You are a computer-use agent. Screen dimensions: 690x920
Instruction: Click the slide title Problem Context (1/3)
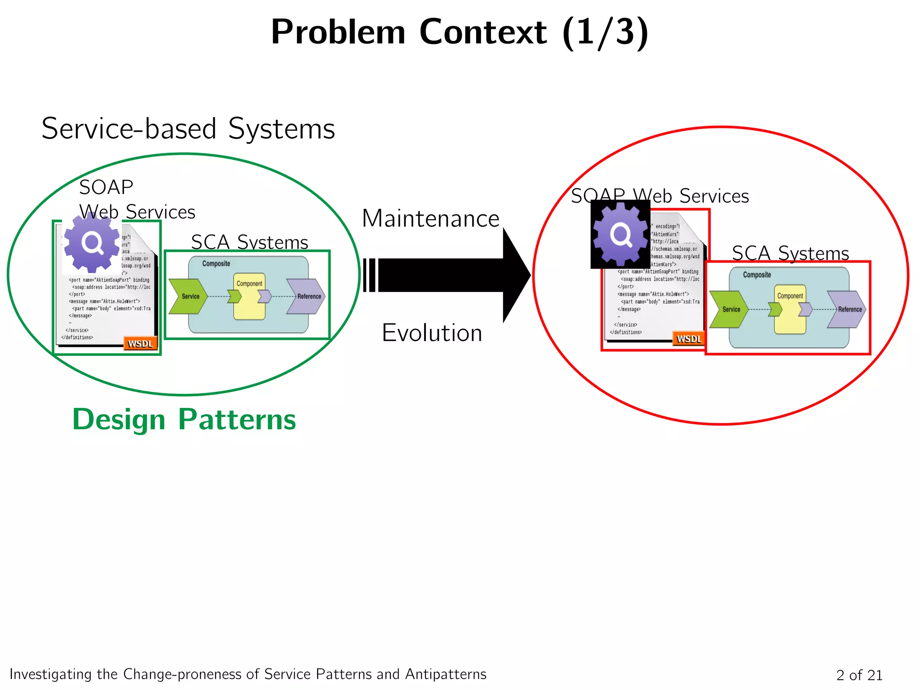pos(459,32)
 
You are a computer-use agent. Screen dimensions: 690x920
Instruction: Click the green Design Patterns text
pos(184,419)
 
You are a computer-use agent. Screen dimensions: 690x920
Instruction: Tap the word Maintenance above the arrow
pos(430,219)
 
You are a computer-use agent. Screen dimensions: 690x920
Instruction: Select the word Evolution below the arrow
pos(432,333)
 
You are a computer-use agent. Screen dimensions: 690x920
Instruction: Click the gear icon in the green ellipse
pos(92,243)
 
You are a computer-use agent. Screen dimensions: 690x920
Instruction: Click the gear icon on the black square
pos(621,234)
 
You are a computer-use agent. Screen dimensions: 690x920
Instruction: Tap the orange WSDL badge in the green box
pos(140,344)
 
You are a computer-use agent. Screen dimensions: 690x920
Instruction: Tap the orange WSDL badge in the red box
pos(689,339)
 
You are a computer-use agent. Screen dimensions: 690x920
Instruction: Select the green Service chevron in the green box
pos(188,296)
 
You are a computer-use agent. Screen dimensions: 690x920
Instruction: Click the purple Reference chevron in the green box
pos(306,296)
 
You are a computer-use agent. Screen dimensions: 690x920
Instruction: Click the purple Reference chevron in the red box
pos(847,309)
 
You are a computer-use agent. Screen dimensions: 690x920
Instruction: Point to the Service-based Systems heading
pos(188,128)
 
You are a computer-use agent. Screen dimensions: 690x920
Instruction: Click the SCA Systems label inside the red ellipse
pos(790,253)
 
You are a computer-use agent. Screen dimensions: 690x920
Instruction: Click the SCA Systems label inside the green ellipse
pos(249,242)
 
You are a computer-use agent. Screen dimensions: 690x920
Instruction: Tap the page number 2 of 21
pos(859,675)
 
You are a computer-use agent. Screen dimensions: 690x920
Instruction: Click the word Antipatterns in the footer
pos(446,674)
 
